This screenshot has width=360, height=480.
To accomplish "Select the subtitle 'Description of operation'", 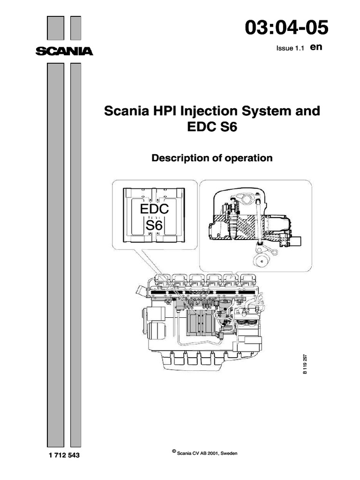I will pyautogui.click(x=212, y=158).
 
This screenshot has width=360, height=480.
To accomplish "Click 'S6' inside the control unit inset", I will pyautogui.click(x=153, y=227).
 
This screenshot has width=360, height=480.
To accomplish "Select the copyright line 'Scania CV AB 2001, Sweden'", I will pyautogui.click(x=214, y=453).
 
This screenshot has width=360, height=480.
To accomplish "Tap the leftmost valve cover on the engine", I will pyautogui.click(x=161, y=280).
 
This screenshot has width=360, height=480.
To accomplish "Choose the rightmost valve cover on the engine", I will pyautogui.click(x=247, y=280).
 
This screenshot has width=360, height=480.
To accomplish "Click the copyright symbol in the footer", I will pyautogui.click(x=174, y=451).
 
